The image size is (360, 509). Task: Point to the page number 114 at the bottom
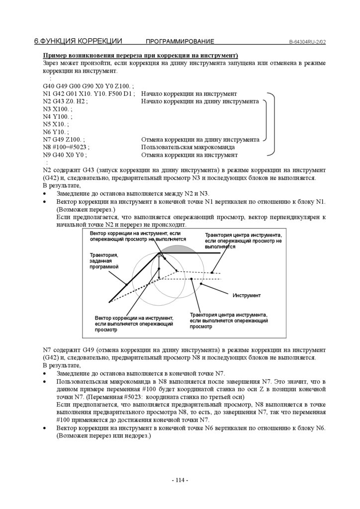(180, 480)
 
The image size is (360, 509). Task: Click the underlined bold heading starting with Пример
(141, 56)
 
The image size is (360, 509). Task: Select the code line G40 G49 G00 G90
(85, 86)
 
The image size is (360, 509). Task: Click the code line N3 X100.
(58, 109)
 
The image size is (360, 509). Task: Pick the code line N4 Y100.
(58, 117)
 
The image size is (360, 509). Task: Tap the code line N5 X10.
(56, 124)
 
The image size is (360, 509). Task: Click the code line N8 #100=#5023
(66, 148)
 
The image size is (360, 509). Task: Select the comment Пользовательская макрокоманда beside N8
(188, 148)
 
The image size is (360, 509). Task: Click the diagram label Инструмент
(247, 296)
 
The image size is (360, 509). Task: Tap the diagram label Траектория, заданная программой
(104, 261)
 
